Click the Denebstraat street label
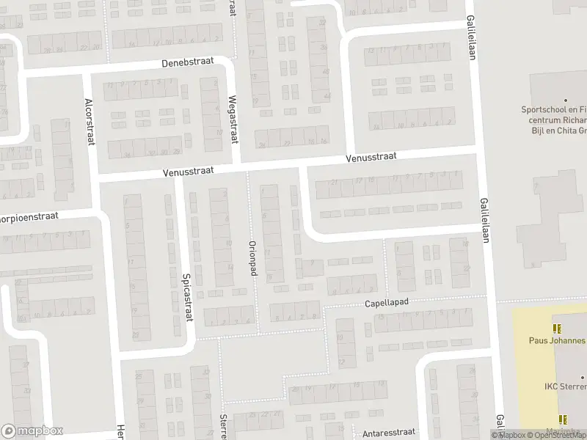click(x=189, y=63)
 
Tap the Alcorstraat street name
click(x=90, y=122)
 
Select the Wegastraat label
click(x=233, y=114)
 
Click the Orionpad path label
click(x=252, y=259)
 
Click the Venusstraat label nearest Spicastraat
click(x=189, y=170)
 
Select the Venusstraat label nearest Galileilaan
click(x=372, y=157)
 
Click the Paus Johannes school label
click(x=558, y=340)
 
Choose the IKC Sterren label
click(x=564, y=386)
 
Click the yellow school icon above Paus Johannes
click(x=555, y=328)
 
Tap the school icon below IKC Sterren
click(x=563, y=419)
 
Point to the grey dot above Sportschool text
click(x=565, y=100)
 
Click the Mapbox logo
click(x=32, y=431)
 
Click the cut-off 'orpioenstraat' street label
click(x=28, y=218)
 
